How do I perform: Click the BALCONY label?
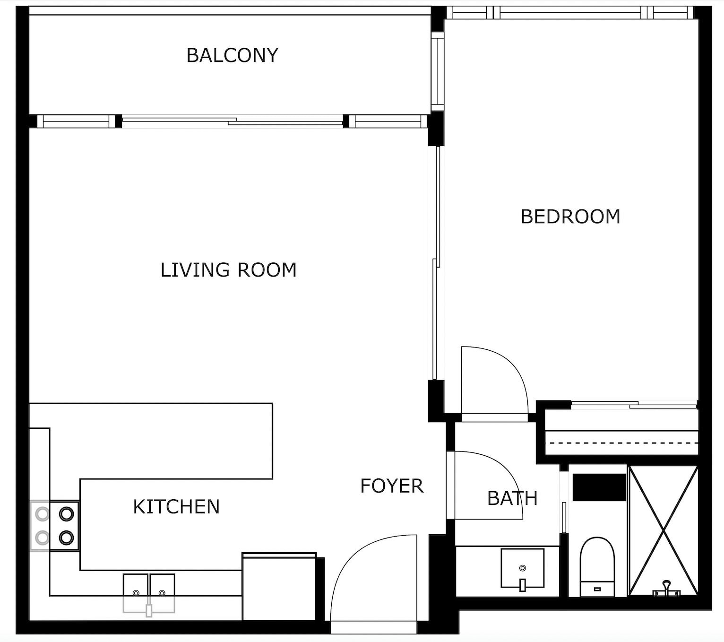232,55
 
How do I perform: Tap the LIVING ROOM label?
228,270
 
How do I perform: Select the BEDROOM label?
570,217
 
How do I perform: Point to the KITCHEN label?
176,507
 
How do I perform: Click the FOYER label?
392,486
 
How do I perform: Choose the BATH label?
512,498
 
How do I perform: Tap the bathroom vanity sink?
522,568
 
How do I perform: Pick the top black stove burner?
67,513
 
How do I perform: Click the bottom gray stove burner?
42,538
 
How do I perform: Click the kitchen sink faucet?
149,610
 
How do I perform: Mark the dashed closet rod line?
621,443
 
